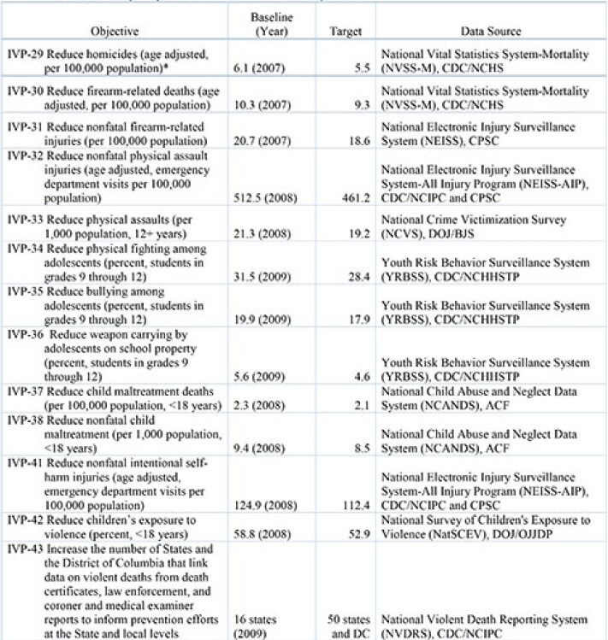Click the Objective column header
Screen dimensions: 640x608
click(115, 32)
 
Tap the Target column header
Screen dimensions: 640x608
click(345, 32)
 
